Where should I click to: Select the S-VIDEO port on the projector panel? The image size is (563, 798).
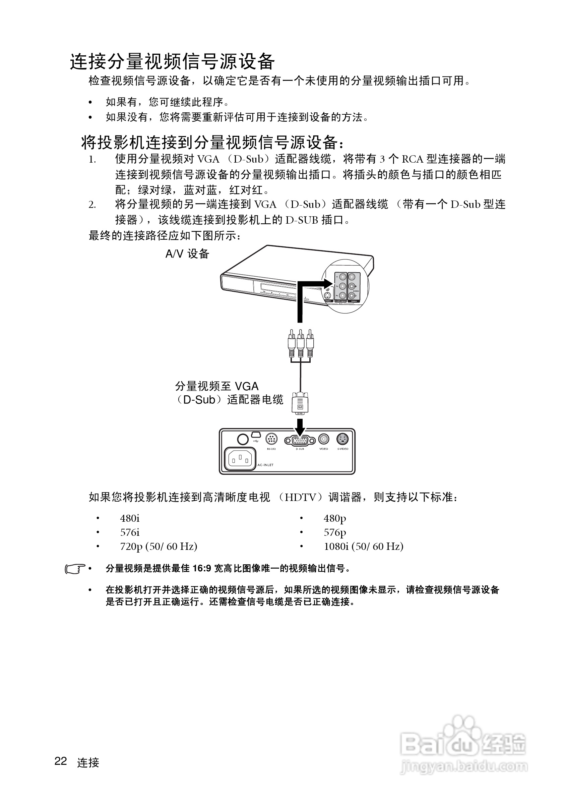tap(342, 439)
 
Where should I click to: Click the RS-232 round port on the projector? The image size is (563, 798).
tap(271, 439)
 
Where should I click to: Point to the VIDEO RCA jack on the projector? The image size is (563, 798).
tap(324, 439)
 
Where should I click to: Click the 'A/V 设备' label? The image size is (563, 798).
tap(187, 254)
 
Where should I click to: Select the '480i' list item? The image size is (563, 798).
tap(130, 518)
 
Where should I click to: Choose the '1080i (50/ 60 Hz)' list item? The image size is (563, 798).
tap(363, 547)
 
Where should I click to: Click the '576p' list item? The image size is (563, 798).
tap(335, 532)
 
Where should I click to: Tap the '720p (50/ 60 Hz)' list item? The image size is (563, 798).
tap(159, 547)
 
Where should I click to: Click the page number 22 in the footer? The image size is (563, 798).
tap(60, 761)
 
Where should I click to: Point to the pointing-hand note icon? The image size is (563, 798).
tap(75, 569)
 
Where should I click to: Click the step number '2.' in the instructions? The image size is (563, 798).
tap(92, 205)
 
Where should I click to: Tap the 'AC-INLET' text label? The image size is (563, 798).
tap(265, 465)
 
